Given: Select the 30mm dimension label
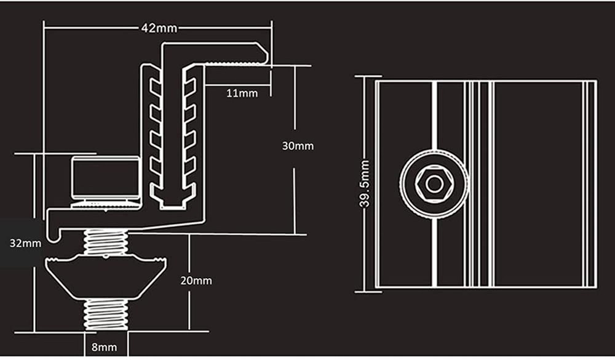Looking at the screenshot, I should click(x=298, y=146).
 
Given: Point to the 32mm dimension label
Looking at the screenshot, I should click(x=25, y=242).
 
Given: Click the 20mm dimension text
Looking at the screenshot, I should click(x=197, y=281).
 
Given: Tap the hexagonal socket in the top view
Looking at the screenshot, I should click(x=434, y=184).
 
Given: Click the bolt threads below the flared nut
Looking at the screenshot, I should click(x=106, y=314).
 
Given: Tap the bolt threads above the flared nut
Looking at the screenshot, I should click(x=106, y=242).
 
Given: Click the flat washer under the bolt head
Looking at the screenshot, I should click(x=105, y=201).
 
